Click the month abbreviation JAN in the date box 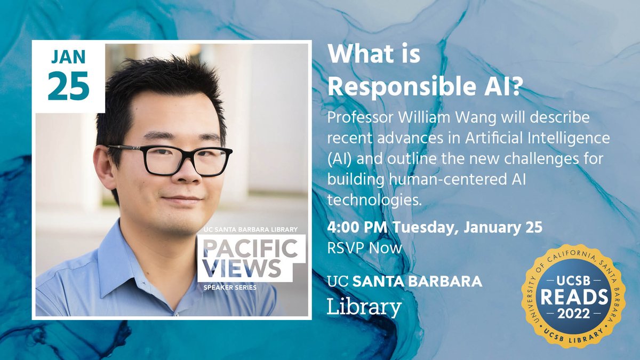coord(69,57)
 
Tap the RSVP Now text coord(365,247)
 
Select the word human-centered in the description coord(432,180)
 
